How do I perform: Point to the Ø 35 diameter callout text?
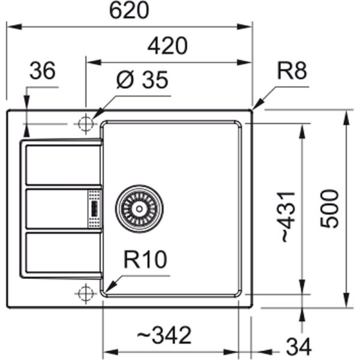(x=142, y=80)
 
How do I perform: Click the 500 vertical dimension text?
(x=329, y=208)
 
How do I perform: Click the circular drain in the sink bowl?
(x=139, y=207)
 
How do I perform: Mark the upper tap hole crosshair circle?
(x=85, y=123)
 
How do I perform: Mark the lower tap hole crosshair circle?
(x=85, y=293)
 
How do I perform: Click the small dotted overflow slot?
(x=94, y=208)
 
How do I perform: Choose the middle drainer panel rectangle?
(x=55, y=208)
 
